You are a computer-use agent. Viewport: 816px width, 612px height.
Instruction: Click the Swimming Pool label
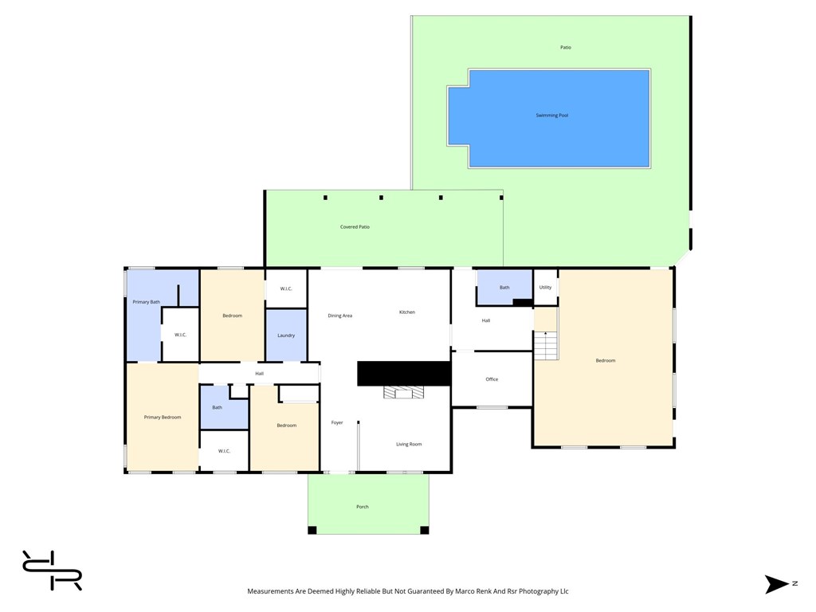click(551, 116)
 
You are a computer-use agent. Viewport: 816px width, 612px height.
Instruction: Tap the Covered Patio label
click(355, 227)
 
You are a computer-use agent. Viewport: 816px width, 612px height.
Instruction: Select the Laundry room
click(286, 335)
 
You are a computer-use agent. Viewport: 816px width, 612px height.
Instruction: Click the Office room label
click(492, 379)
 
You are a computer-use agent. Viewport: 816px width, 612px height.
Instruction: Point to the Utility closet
click(545, 288)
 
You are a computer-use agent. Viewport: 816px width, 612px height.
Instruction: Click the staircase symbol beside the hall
click(545, 345)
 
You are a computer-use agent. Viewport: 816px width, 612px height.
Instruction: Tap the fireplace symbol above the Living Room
click(403, 392)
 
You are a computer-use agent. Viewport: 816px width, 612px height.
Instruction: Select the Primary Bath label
click(146, 302)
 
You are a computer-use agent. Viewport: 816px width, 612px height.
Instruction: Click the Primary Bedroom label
click(163, 418)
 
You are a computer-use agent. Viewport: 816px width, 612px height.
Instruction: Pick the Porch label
click(363, 507)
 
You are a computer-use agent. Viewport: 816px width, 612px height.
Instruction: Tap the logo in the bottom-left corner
click(52, 571)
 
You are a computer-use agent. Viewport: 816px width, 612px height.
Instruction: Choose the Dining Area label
click(340, 316)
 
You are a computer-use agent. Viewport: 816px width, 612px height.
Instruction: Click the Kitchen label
click(407, 312)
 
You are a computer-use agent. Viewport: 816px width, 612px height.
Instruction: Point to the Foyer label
click(337, 422)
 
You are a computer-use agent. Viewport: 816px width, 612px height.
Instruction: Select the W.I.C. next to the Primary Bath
click(181, 335)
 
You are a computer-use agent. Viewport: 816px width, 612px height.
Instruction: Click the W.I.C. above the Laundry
click(286, 288)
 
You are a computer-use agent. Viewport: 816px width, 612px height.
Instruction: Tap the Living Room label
click(409, 444)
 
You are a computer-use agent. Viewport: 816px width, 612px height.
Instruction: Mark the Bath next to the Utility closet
click(504, 288)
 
